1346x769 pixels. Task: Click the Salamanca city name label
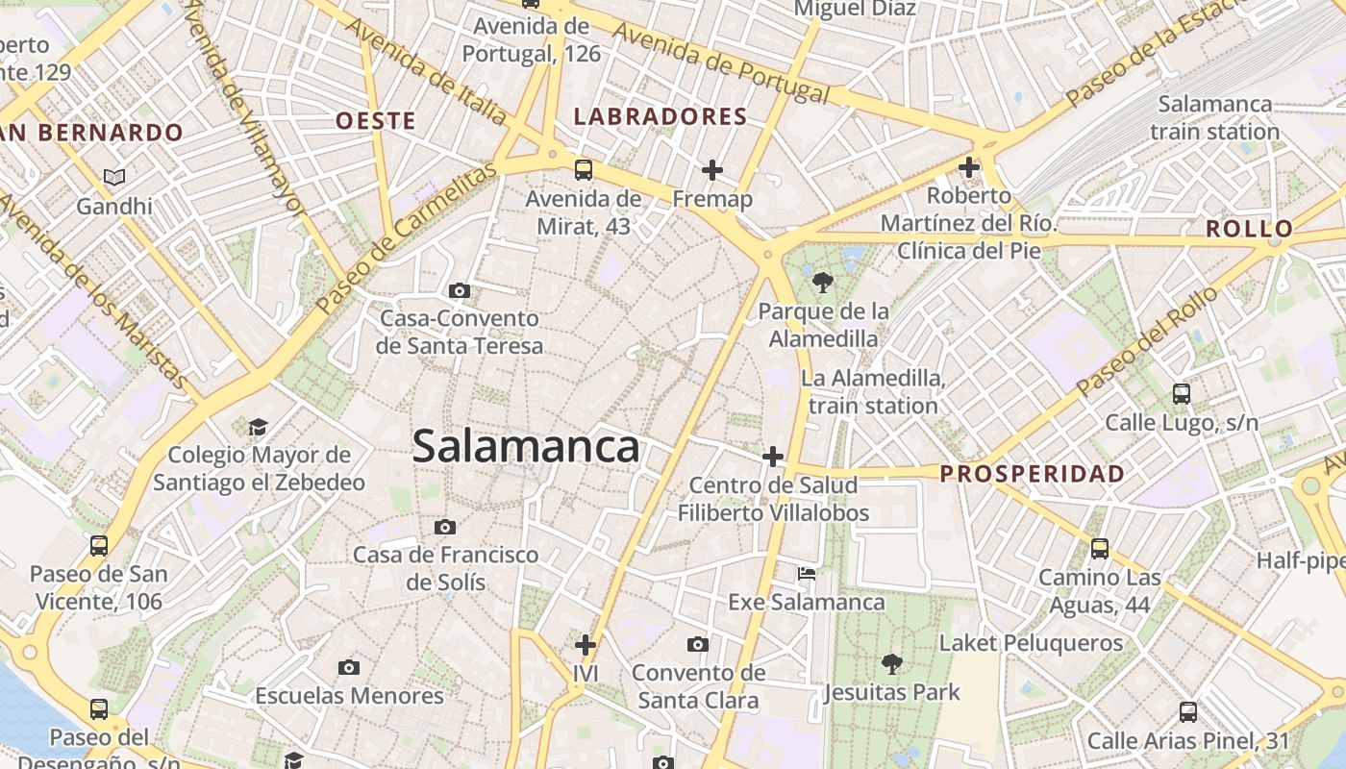coord(526,447)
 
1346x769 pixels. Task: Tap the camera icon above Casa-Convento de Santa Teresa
coord(460,290)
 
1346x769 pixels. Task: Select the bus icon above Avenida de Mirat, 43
coord(584,170)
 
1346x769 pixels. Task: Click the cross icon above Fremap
coord(712,170)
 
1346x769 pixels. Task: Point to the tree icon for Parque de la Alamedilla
coord(822,283)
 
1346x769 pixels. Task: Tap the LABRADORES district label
coord(661,117)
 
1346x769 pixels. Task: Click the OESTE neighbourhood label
coord(376,121)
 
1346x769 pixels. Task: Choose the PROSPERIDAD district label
coord(1032,474)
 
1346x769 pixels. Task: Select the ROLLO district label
coord(1249,229)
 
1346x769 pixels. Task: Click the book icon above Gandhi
coord(114,177)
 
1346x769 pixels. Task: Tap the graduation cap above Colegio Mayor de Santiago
coord(258,426)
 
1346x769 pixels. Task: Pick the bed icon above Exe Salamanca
coord(807,574)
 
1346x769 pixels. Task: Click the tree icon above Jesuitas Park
coord(892,663)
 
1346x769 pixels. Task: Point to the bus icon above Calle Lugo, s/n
coord(1182,393)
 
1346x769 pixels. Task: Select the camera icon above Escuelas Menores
coord(349,667)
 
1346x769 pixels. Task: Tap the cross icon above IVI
coord(585,644)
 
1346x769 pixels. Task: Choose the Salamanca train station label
coord(1214,117)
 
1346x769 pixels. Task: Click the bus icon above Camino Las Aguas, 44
coord(1100,549)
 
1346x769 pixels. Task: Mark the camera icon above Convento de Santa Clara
coord(698,644)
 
